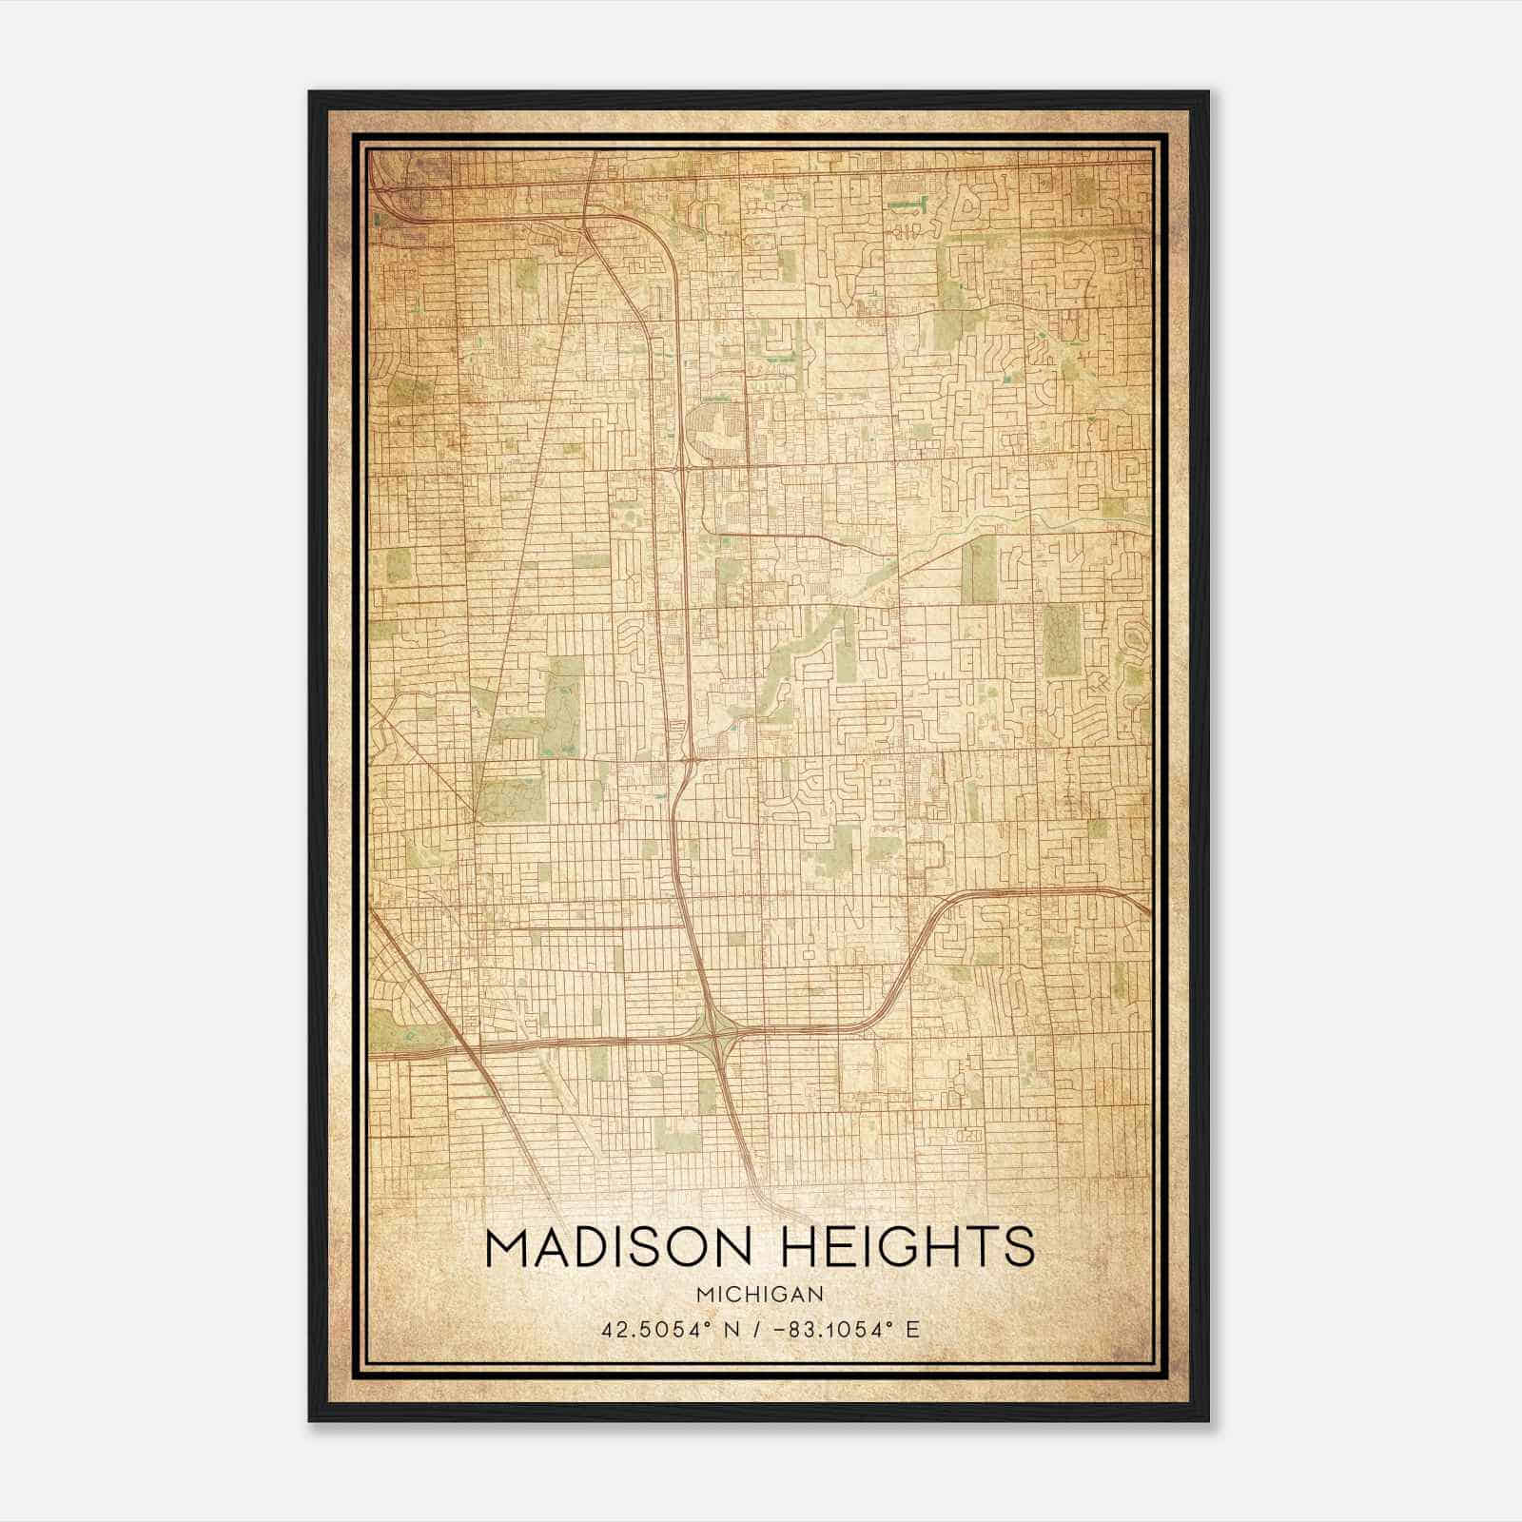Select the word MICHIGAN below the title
760,1294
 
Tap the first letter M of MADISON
506,1247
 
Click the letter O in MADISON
688,1247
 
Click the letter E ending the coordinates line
913,1329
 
